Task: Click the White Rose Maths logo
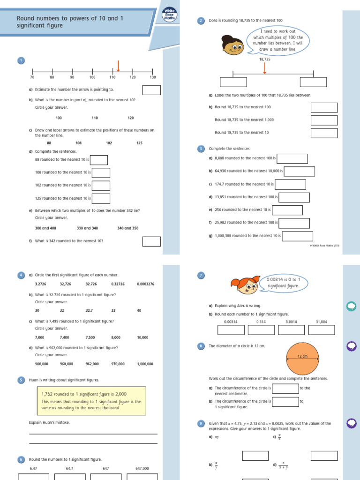click(x=169, y=15)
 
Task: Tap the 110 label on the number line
click(x=112, y=77)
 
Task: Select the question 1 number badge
click(x=21, y=60)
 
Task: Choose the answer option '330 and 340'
click(x=88, y=228)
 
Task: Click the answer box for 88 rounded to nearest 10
click(x=99, y=160)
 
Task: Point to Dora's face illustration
click(x=232, y=45)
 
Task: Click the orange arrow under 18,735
click(x=265, y=68)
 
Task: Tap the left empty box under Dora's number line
click(x=233, y=82)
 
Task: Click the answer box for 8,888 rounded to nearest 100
click(x=292, y=159)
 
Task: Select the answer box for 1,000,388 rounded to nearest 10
click(x=297, y=236)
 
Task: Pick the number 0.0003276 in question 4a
click(x=145, y=284)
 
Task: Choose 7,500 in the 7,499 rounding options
click(x=90, y=337)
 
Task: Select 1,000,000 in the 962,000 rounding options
click(x=145, y=364)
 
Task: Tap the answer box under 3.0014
click(x=291, y=330)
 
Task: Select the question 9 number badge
click(x=201, y=424)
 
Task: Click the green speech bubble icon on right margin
click(x=351, y=306)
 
